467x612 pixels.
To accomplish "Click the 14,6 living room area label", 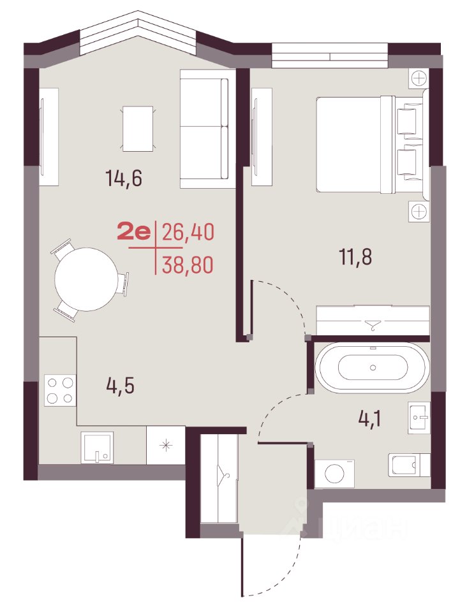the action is point(124,178).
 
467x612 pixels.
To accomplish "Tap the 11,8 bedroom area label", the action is point(355,257).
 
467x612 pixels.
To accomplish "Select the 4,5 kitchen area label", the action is point(121,386).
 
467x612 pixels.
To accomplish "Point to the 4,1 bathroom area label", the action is point(369,419).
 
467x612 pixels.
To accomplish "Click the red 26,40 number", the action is point(188,233).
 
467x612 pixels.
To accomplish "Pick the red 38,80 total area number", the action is point(188,265).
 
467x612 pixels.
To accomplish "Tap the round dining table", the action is point(86,279).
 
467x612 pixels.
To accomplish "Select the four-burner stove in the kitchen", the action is point(60,390).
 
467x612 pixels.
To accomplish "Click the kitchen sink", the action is point(97,448).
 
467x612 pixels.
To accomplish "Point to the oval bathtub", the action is point(373,367).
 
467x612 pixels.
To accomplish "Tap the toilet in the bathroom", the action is point(409,465).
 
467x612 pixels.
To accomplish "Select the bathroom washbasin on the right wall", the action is point(419,417).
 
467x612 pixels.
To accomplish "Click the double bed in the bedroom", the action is point(369,145).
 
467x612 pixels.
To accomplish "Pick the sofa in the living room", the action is point(205,129).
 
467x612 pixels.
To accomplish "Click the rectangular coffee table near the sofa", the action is point(138,128).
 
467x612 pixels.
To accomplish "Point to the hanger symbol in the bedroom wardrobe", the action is point(373,324).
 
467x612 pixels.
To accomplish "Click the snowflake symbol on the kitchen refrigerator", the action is point(166,446).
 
